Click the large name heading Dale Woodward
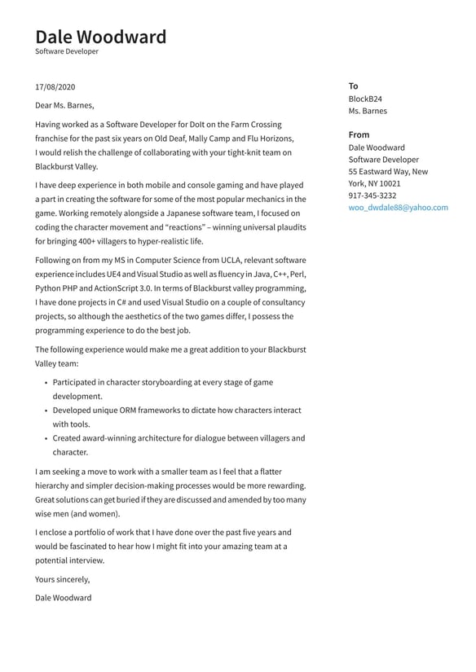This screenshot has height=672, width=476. pos(100,37)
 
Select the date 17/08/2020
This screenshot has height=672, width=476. pos(55,86)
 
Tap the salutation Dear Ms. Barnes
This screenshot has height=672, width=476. pos(64,105)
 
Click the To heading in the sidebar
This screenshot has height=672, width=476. pos(353,86)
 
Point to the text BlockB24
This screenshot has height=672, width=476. pos(365,99)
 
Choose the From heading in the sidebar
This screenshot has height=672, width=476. pos(359,134)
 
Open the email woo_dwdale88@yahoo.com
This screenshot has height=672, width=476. pos(398,208)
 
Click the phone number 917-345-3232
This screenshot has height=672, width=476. pos(372,195)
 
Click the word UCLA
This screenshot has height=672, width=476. pos(214,260)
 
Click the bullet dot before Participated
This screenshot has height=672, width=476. pos(46,383)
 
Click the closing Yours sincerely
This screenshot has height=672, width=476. pos(62,579)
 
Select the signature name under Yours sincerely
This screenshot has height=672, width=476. pos(64,598)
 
